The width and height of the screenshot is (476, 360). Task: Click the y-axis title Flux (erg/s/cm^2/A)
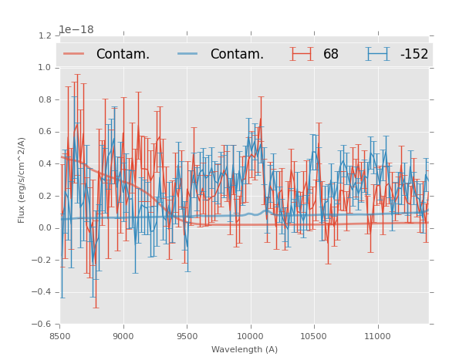[22, 180]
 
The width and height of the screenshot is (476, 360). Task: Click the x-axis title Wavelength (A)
[245, 349]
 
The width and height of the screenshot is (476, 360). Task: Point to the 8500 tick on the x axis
[60, 335]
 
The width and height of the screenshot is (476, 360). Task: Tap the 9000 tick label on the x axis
[123, 335]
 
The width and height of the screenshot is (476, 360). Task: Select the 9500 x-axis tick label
[187, 335]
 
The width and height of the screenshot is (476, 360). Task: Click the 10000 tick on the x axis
[250, 335]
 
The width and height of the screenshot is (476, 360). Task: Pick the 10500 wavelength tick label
[313, 335]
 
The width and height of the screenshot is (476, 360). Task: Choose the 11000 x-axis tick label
[377, 335]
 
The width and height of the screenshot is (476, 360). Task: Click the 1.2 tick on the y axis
[44, 35]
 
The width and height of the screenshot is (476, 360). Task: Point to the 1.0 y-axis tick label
[44, 68]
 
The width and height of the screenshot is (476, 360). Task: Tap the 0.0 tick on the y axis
[44, 227]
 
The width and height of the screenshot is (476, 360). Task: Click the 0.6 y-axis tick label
[44, 132]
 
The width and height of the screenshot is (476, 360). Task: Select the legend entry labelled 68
[331, 54]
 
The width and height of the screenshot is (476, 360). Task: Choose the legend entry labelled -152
[414, 54]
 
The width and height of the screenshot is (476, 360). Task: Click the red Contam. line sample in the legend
[75, 54]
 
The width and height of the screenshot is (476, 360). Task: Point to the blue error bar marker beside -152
[378, 54]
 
